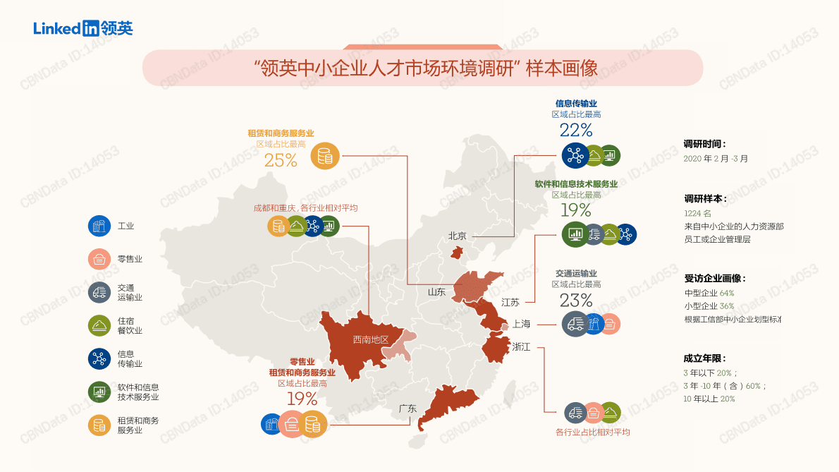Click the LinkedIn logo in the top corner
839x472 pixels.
(82, 28)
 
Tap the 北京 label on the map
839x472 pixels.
(459, 236)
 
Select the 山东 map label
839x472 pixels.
(436, 291)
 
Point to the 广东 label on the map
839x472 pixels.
(408, 408)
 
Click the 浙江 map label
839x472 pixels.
(521, 346)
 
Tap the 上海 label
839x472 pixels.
(521, 324)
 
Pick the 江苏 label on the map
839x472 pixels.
(510, 302)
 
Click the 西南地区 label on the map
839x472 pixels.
(371, 339)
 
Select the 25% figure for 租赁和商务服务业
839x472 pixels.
(281, 160)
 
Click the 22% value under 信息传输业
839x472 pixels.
(576, 130)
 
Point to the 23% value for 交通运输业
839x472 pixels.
(576, 300)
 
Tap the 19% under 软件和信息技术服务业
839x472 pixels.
(576, 210)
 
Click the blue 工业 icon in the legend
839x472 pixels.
(99, 226)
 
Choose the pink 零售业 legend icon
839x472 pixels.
(99, 259)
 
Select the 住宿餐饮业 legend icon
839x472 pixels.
(99, 325)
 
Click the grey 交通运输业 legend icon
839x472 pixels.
(99, 292)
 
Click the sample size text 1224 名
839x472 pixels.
(697, 213)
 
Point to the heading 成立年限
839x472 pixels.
(704, 358)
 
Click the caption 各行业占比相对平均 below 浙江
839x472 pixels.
(592, 432)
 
